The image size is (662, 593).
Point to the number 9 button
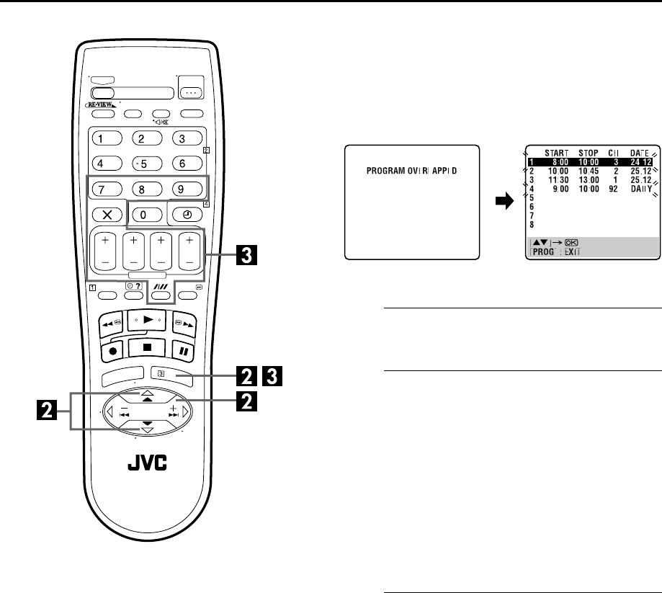[185, 190]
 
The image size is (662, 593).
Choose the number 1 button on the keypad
[106, 138]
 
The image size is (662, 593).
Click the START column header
[557, 153]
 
